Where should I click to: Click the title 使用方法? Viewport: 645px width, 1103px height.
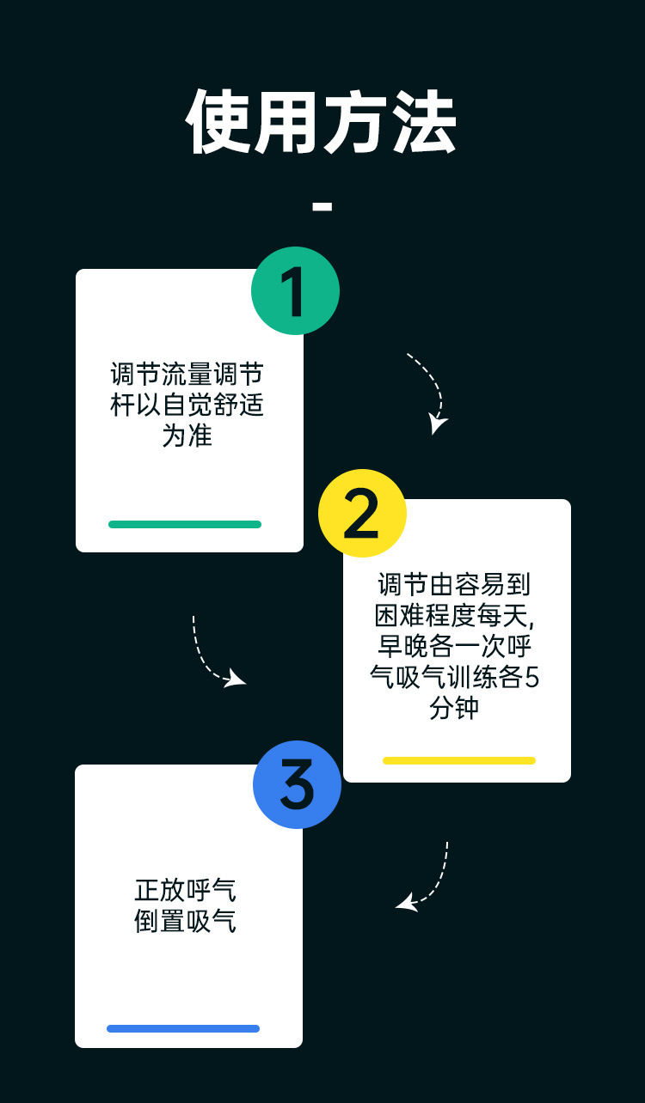(322, 123)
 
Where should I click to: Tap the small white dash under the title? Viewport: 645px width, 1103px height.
(322, 206)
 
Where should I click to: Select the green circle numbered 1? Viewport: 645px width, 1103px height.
(295, 291)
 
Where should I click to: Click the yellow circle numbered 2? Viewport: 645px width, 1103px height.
(362, 514)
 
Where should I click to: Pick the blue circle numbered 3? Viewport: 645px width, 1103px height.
(297, 784)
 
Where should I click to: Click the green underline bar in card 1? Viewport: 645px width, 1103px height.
(185, 524)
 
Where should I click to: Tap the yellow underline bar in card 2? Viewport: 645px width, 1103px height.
(458, 760)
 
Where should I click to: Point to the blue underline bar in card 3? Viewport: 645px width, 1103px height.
(183, 1028)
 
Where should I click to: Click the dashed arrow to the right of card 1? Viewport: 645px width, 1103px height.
(429, 391)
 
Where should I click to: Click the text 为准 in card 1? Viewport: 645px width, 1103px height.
(187, 436)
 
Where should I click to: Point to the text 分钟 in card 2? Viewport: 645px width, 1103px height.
(455, 709)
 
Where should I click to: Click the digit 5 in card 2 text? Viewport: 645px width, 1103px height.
(531, 678)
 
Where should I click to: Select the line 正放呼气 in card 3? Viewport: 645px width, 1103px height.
(185, 889)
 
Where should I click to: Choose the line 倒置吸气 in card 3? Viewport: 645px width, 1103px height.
(185, 922)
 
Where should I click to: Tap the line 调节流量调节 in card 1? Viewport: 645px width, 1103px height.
(187, 375)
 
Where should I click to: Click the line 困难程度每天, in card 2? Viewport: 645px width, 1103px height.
(455, 616)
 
